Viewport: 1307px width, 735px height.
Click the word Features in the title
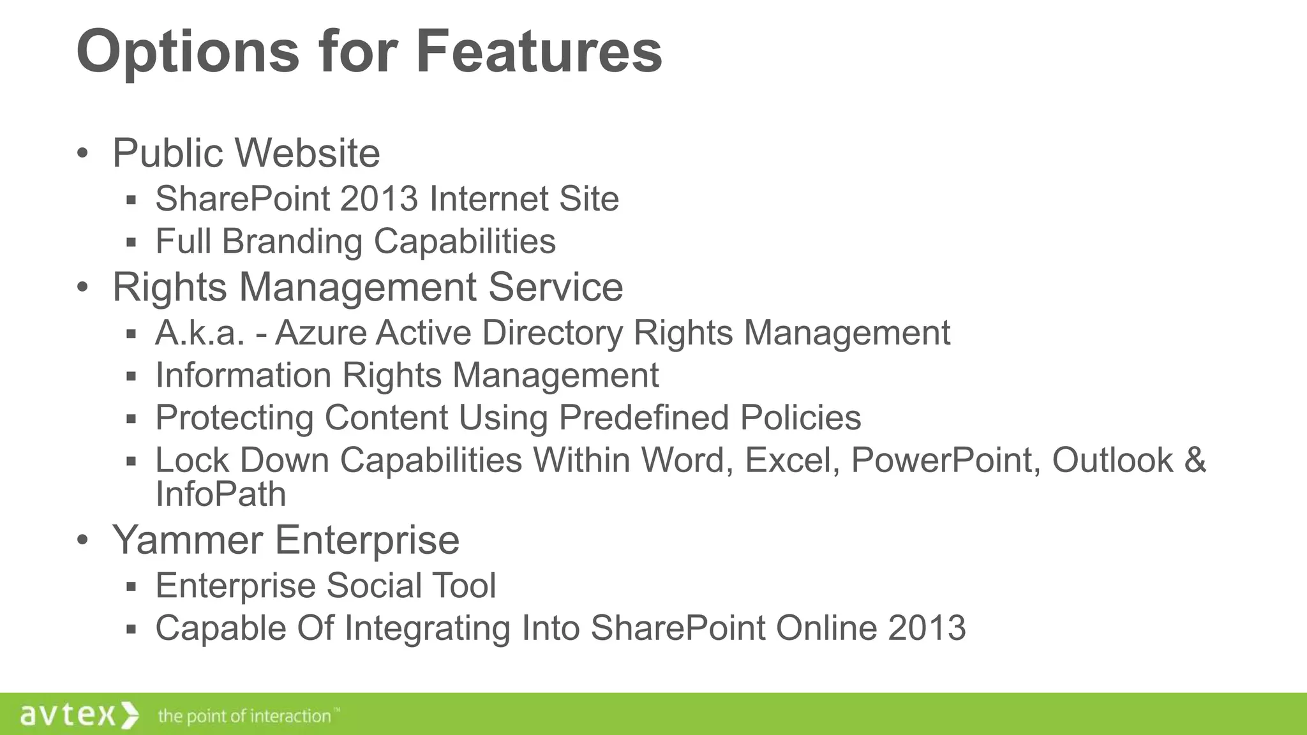click(x=539, y=51)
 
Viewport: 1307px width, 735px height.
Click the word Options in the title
click(x=188, y=52)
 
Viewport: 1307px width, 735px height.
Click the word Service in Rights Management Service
click(x=555, y=287)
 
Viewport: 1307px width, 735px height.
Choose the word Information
click(x=243, y=375)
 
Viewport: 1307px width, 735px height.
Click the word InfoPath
click(x=221, y=494)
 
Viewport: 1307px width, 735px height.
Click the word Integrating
click(x=427, y=628)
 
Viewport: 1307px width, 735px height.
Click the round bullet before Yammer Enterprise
click(x=82, y=540)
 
